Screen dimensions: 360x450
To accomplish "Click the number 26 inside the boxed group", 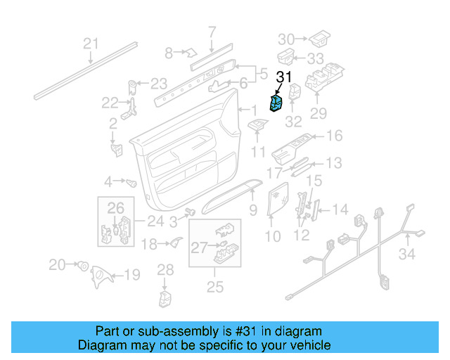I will point(115,207).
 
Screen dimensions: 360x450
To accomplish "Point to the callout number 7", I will point(212,31).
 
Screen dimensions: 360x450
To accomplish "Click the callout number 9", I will point(252,209).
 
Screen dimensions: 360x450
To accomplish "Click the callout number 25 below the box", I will point(214,286).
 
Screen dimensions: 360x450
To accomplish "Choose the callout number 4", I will point(108,181).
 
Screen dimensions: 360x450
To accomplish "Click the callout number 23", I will point(159,83).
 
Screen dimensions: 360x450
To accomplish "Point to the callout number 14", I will point(340,209).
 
